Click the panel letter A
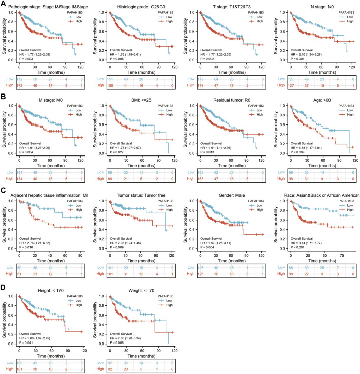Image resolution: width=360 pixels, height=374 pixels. (x=4, y=4)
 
